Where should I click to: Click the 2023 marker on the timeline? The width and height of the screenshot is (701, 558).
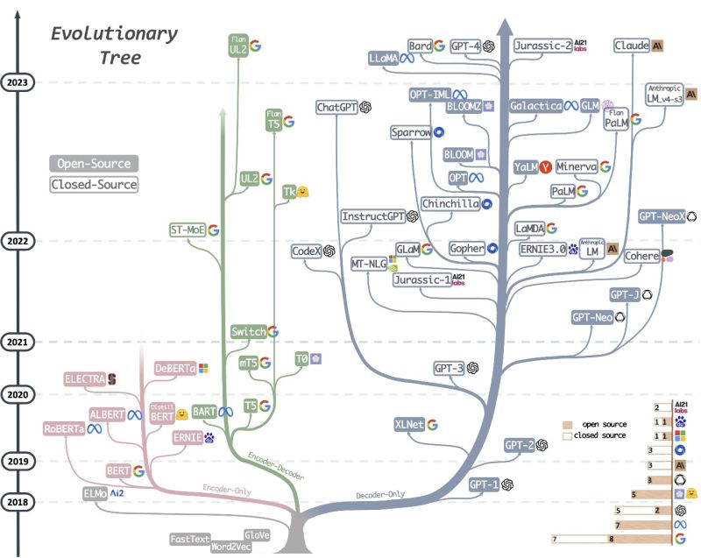click(18, 82)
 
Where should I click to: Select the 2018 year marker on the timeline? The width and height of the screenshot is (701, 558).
click(18, 502)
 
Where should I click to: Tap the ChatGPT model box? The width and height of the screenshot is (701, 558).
click(339, 107)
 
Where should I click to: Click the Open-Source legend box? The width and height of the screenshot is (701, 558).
click(94, 164)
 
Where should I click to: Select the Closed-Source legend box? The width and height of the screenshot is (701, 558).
click(94, 185)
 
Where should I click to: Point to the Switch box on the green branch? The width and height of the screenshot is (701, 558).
click(248, 332)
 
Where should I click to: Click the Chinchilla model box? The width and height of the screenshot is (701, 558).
click(450, 203)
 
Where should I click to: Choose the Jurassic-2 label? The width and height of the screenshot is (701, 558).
click(542, 46)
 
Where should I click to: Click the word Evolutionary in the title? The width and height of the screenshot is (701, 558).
click(113, 34)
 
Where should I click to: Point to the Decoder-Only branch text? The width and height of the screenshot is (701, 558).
click(380, 496)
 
